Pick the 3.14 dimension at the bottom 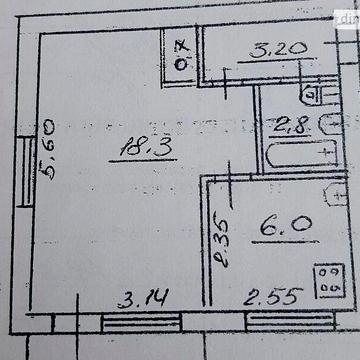(142, 297)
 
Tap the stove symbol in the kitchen (327, 279)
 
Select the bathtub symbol (301, 155)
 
